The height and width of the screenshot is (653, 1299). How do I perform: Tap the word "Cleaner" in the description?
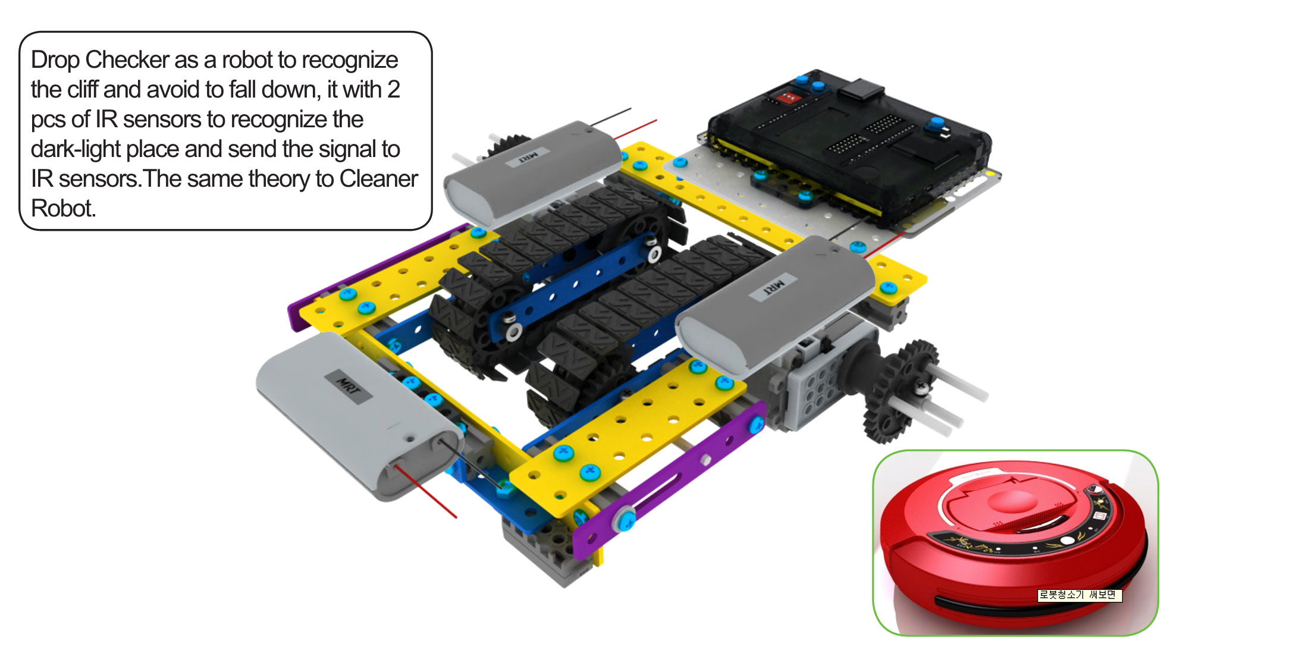coord(378,179)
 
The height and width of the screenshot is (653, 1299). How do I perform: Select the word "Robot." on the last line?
coord(63,209)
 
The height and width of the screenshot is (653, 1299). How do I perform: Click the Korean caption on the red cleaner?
coord(1079,595)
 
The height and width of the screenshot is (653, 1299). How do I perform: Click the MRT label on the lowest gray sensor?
coord(349,387)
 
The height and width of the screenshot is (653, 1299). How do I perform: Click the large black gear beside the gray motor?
coord(898,393)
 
